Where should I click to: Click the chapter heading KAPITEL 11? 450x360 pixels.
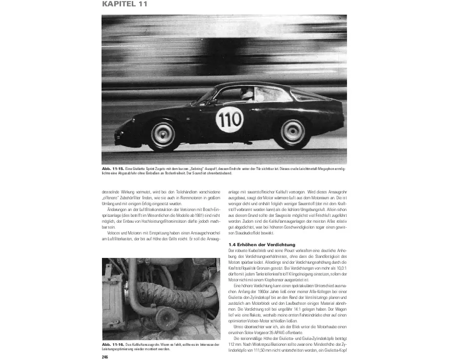click(x=125, y=4)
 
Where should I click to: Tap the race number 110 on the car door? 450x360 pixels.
click(x=229, y=119)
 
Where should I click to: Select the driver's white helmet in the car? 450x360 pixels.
click(x=247, y=93)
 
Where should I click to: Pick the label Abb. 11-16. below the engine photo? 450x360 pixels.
click(x=112, y=344)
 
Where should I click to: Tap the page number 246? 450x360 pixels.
click(x=105, y=357)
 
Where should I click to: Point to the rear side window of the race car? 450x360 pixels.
click(x=305, y=96)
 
